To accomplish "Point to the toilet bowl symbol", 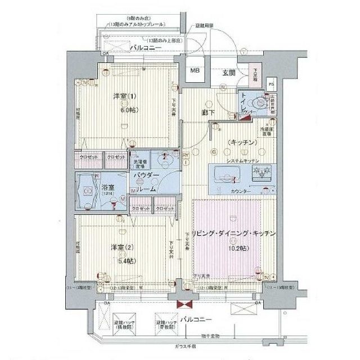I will [260, 102].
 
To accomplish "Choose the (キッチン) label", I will [242, 143].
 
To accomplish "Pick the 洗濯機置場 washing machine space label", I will [138, 164].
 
